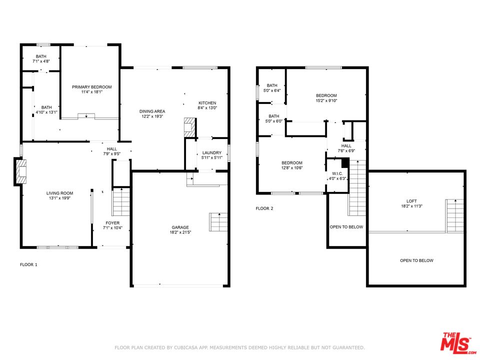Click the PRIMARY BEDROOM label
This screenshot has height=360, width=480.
pos(92,87)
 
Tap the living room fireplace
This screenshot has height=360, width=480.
pos(20,171)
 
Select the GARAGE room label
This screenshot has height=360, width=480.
pos(180,227)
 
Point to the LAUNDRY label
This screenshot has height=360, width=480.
pos(212,153)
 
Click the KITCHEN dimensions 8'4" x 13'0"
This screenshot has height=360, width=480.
pos(207,108)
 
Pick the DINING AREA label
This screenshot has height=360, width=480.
pos(152,111)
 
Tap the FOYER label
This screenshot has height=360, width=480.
pos(112,223)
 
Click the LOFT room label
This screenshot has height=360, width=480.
pos(411,201)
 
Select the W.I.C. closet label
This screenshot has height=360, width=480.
pos(337,173)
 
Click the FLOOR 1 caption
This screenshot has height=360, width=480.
pos(28,264)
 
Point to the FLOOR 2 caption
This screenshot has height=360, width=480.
pos(264,208)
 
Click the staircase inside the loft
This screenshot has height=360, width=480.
pos(454,216)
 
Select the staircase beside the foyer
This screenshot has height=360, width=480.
pos(121,201)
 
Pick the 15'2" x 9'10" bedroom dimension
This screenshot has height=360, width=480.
pos(326,100)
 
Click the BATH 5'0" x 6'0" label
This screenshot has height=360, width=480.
pos(273,118)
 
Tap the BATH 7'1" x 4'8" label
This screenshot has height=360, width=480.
pos(41,59)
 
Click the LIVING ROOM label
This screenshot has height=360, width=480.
pos(59,193)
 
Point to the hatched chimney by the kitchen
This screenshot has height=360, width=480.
pos(190,127)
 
